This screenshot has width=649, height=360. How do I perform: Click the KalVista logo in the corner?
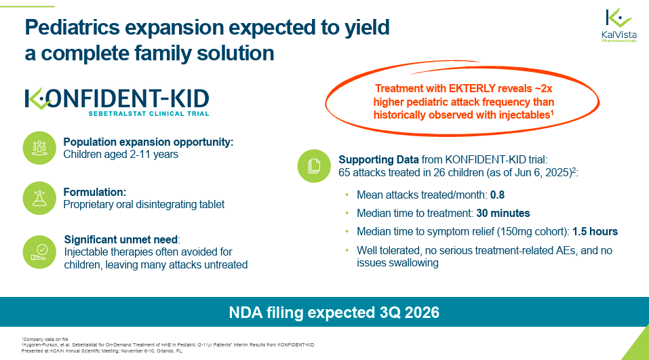[618, 25]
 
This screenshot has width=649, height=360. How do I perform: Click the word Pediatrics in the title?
[72, 27]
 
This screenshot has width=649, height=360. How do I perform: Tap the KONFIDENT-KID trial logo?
[117, 102]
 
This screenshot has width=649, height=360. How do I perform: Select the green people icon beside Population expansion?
[39, 148]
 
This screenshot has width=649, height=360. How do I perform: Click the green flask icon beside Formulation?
[39, 198]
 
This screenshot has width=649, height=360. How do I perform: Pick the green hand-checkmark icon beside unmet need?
[39, 252]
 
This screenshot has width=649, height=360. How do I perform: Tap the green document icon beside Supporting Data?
[314, 166]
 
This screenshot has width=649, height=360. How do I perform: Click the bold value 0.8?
[497, 195]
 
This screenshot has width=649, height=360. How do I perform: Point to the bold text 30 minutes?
[503, 213]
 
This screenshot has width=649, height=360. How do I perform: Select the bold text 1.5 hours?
[595, 231]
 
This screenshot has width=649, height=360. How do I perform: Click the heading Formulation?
[95, 192]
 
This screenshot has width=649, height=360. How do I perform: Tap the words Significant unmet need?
[121, 239]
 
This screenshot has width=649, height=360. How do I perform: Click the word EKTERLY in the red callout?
[472, 89]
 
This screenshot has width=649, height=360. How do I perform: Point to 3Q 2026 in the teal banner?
[410, 313]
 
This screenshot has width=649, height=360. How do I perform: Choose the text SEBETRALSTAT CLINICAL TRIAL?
[149, 113]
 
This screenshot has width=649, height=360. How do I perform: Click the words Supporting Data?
[378, 159]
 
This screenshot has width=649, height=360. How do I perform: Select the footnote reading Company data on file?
[45, 339]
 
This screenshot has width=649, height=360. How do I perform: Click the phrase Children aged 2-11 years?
[121, 155]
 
